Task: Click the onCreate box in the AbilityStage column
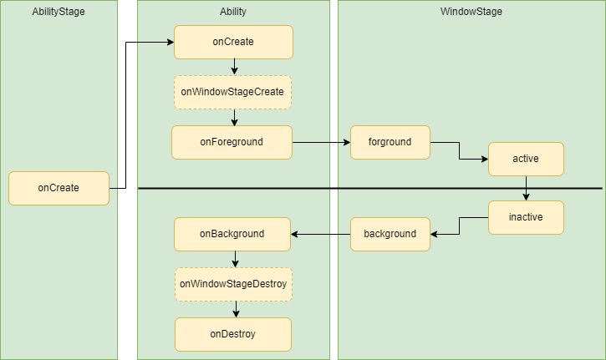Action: (x=59, y=188)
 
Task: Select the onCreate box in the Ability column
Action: (x=233, y=42)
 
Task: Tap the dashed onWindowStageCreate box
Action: (x=232, y=93)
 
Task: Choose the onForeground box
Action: (x=232, y=142)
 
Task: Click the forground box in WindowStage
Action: (x=390, y=142)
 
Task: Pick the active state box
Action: (x=526, y=160)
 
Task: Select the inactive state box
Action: (x=526, y=217)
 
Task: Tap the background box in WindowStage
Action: (x=390, y=234)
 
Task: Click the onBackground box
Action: (x=232, y=234)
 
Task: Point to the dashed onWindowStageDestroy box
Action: (x=233, y=284)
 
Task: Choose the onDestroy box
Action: (x=233, y=334)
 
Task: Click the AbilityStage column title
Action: (x=59, y=12)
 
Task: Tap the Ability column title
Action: (x=233, y=12)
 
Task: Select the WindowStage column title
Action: (x=471, y=12)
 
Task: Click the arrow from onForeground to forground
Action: (x=322, y=143)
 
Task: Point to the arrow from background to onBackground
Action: (x=321, y=234)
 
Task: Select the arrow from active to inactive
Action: (x=526, y=188)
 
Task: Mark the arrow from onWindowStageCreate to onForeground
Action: (x=234, y=118)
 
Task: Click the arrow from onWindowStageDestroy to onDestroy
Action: (x=236, y=309)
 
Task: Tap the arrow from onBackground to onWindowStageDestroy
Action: (x=235, y=259)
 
